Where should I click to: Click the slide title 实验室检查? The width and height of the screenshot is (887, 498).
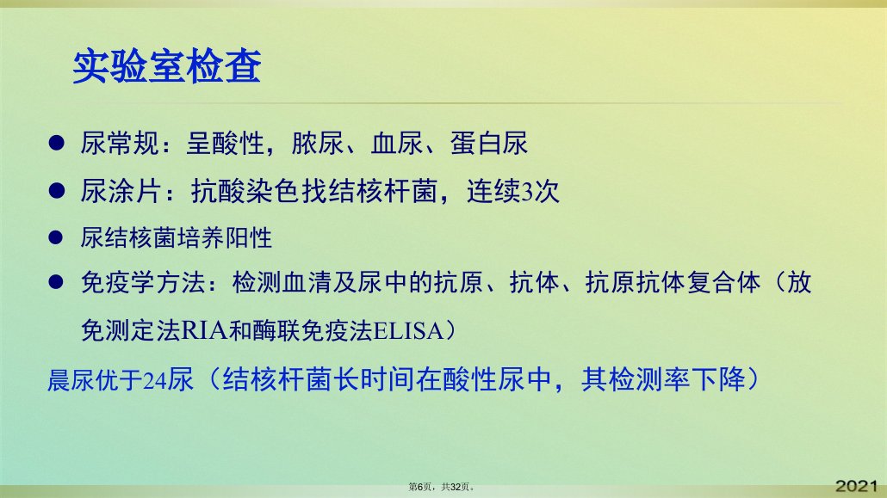(167, 67)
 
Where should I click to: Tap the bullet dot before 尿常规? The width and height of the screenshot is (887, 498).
(57, 143)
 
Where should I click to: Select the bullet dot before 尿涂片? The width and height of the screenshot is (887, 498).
(57, 190)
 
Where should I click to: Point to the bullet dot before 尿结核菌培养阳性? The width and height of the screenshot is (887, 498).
(55, 237)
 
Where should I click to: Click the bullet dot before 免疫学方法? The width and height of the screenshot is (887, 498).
(55, 281)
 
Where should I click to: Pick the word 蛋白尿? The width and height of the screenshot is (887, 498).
(489, 143)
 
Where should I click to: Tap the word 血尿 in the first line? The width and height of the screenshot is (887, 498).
(396, 143)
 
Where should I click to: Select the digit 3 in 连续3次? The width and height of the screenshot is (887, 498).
(527, 192)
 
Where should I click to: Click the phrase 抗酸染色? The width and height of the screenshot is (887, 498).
(244, 191)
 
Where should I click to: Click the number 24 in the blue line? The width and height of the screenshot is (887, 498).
(155, 380)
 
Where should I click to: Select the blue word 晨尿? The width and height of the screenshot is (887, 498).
(71, 380)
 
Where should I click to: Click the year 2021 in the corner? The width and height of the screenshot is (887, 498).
(857, 486)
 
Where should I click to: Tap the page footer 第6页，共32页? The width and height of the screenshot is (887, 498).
(442, 487)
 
